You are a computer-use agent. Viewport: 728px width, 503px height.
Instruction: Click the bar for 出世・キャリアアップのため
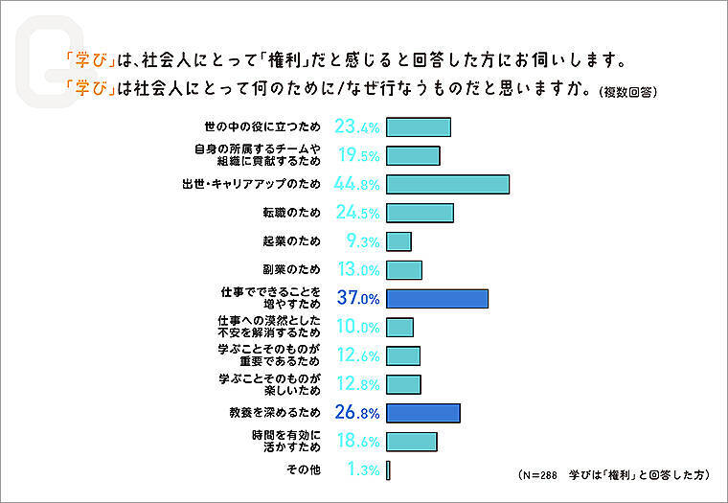(447, 184)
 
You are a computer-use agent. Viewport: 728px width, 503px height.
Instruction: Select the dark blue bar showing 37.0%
(437, 298)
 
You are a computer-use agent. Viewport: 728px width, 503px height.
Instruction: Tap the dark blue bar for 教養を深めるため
(423, 412)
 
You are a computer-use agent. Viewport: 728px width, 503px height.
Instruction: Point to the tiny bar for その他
(389, 469)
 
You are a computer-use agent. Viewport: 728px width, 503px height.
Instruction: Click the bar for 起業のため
(398, 241)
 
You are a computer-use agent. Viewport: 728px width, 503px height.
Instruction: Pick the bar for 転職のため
(420, 213)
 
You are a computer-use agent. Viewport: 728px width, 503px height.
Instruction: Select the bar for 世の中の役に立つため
(418, 127)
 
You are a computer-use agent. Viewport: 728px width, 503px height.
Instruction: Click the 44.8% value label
(357, 184)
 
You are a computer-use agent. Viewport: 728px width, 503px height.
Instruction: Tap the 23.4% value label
(357, 127)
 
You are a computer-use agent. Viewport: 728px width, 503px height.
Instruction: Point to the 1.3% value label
(361, 469)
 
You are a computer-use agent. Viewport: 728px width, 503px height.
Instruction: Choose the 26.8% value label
(357, 412)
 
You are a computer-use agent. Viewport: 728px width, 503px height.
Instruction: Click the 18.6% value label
(357, 441)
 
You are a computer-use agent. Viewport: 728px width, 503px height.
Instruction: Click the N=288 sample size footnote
(543, 474)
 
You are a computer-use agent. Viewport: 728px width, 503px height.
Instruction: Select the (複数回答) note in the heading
(627, 92)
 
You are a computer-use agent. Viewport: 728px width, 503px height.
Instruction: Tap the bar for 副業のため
(404, 270)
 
